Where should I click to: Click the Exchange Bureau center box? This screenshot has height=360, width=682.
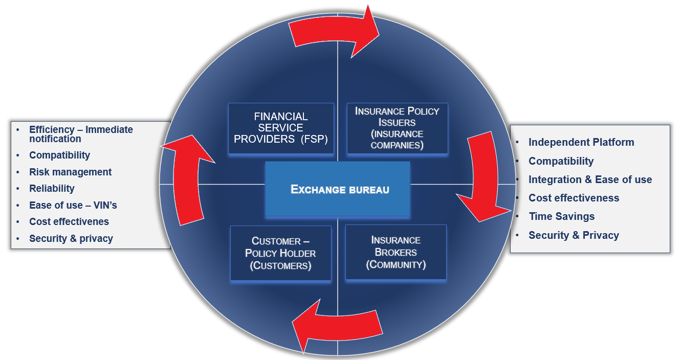pyautogui.click(x=338, y=189)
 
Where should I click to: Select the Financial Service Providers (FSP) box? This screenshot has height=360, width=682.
pyautogui.click(x=281, y=128)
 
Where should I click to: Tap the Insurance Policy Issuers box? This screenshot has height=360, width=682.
pyautogui.click(x=397, y=128)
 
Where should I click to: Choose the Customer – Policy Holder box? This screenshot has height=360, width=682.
pyautogui.click(x=280, y=253)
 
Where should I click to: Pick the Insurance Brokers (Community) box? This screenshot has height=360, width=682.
pyautogui.click(x=395, y=253)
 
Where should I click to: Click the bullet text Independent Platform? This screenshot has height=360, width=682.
pyautogui.click(x=581, y=142)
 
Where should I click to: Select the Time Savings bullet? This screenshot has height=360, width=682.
pyautogui.click(x=561, y=216)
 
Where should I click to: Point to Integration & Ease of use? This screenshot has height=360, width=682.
pyautogui.click(x=590, y=179)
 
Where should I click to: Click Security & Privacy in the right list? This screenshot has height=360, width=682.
pyautogui.click(x=574, y=235)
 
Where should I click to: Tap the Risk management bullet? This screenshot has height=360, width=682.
pyautogui.click(x=70, y=172)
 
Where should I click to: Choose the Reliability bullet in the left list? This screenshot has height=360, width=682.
pyautogui.click(x=52, y=188)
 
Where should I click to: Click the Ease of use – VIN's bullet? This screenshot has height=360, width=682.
pyautogui.click(x=73, y=205)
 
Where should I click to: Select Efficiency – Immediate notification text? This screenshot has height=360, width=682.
pyautogui.click(x=80, y=134)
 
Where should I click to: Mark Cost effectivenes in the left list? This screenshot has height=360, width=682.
pyautogui.click(x=69, y=221)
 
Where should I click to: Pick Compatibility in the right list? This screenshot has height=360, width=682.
pyautogui.click(x=561, y=161)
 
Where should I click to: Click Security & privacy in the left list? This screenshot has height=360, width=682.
pyautogui.click(x=71, y=238)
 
